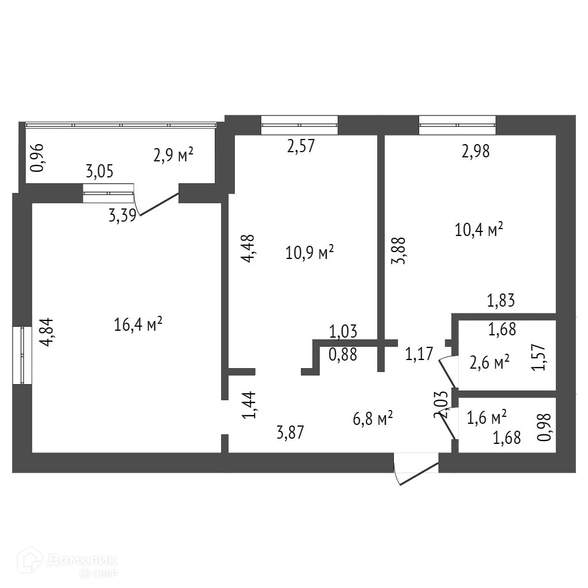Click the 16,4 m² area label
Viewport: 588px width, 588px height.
click(138, 325)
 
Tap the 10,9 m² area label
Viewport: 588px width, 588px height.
click(310, 253)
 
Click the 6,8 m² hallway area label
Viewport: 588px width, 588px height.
click(373, 419)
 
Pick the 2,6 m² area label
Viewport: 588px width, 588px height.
click(489, 363)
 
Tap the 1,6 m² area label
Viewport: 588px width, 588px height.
click(486, 417)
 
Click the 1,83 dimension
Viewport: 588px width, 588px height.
click(501, 300)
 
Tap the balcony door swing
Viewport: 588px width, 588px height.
click(158, 204)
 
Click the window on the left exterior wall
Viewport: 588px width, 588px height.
click(22, 355)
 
